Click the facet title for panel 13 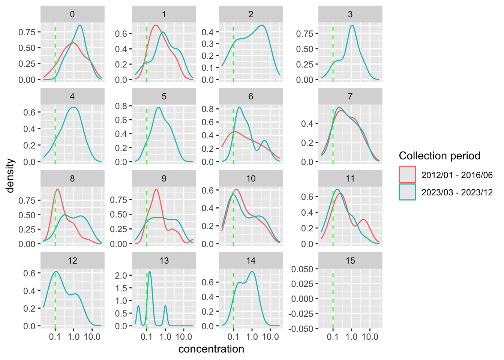coord(164,261)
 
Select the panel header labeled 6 coord(250,96)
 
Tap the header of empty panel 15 coord(350,261)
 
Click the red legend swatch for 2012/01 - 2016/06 coord(407,175)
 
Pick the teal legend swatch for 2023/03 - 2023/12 coord(407,192)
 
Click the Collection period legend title coord(439,156)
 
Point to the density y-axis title coord(11,175)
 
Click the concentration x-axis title coord(211,349)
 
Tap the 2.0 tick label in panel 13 coord(121,276)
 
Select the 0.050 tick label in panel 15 coord(302,269)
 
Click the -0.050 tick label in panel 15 coord(301,329)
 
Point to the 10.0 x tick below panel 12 coord(92,337)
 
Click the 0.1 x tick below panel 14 coord(233,337)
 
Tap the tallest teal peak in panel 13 coord(150,271)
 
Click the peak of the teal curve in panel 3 coord(352,25)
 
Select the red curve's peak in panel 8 coord(57,189)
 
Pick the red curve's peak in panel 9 coord(156,189)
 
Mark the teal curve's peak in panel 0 coord(80,25)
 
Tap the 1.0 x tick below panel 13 coord(165,337)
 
